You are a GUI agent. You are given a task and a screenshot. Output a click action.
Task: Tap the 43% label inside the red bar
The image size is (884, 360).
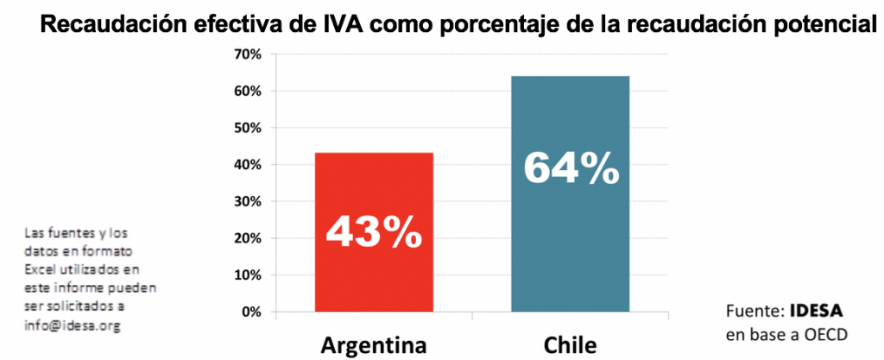(373, 231)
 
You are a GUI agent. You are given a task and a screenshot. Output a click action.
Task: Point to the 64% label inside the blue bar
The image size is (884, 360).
(571, 167)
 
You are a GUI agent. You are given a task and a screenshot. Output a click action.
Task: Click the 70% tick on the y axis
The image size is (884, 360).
(248, 54)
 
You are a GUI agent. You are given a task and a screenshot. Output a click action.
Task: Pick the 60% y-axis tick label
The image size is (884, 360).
(248, 92)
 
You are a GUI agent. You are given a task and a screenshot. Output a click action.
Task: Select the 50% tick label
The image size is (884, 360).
(248, 128)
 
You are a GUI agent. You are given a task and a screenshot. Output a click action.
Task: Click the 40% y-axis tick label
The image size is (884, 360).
(248, 165)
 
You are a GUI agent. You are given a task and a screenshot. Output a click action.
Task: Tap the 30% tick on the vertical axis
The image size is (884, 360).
(248, 202)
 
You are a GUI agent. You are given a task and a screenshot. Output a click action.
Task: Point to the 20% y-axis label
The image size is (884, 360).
(248, 238)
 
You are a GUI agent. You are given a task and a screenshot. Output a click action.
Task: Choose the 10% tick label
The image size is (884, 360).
(248, 275)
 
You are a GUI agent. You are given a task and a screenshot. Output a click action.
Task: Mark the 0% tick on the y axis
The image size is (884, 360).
(251, 312)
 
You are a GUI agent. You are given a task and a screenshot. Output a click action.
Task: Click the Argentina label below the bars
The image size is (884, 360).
(374, 345)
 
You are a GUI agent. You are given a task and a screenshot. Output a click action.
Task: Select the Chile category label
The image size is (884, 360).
(570, 345)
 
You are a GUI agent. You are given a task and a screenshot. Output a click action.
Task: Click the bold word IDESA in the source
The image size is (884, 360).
(816, 311)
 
